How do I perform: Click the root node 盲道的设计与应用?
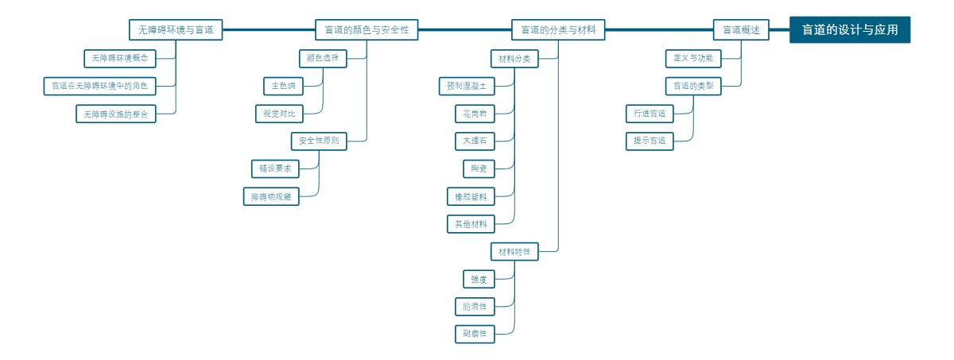tap(849, 30)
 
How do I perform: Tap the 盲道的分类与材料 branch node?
tap(558, 30)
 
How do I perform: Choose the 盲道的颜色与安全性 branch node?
tap(366, 30)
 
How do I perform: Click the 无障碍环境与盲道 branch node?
tap(176, 30)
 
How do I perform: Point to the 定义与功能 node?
tap(692, 58)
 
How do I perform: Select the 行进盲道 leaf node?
tap(650, 114)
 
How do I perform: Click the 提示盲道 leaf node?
tap(650, 141)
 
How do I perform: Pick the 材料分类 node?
tap(514, 59)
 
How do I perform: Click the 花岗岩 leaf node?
tap(475, 114)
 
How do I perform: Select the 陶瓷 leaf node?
tap(479, 168)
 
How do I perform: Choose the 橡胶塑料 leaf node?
tap(471, 196)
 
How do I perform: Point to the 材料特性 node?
tap(514, 252)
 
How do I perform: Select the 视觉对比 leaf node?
tap(279, 114)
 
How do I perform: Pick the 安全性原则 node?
tap(319, 141)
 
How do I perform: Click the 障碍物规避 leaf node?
tap(271, 196)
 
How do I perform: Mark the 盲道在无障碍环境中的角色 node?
tap(99, 86)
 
